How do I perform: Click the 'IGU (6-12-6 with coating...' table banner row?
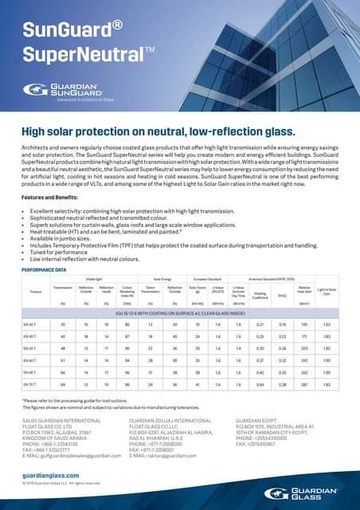click(x=180, y=313)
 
